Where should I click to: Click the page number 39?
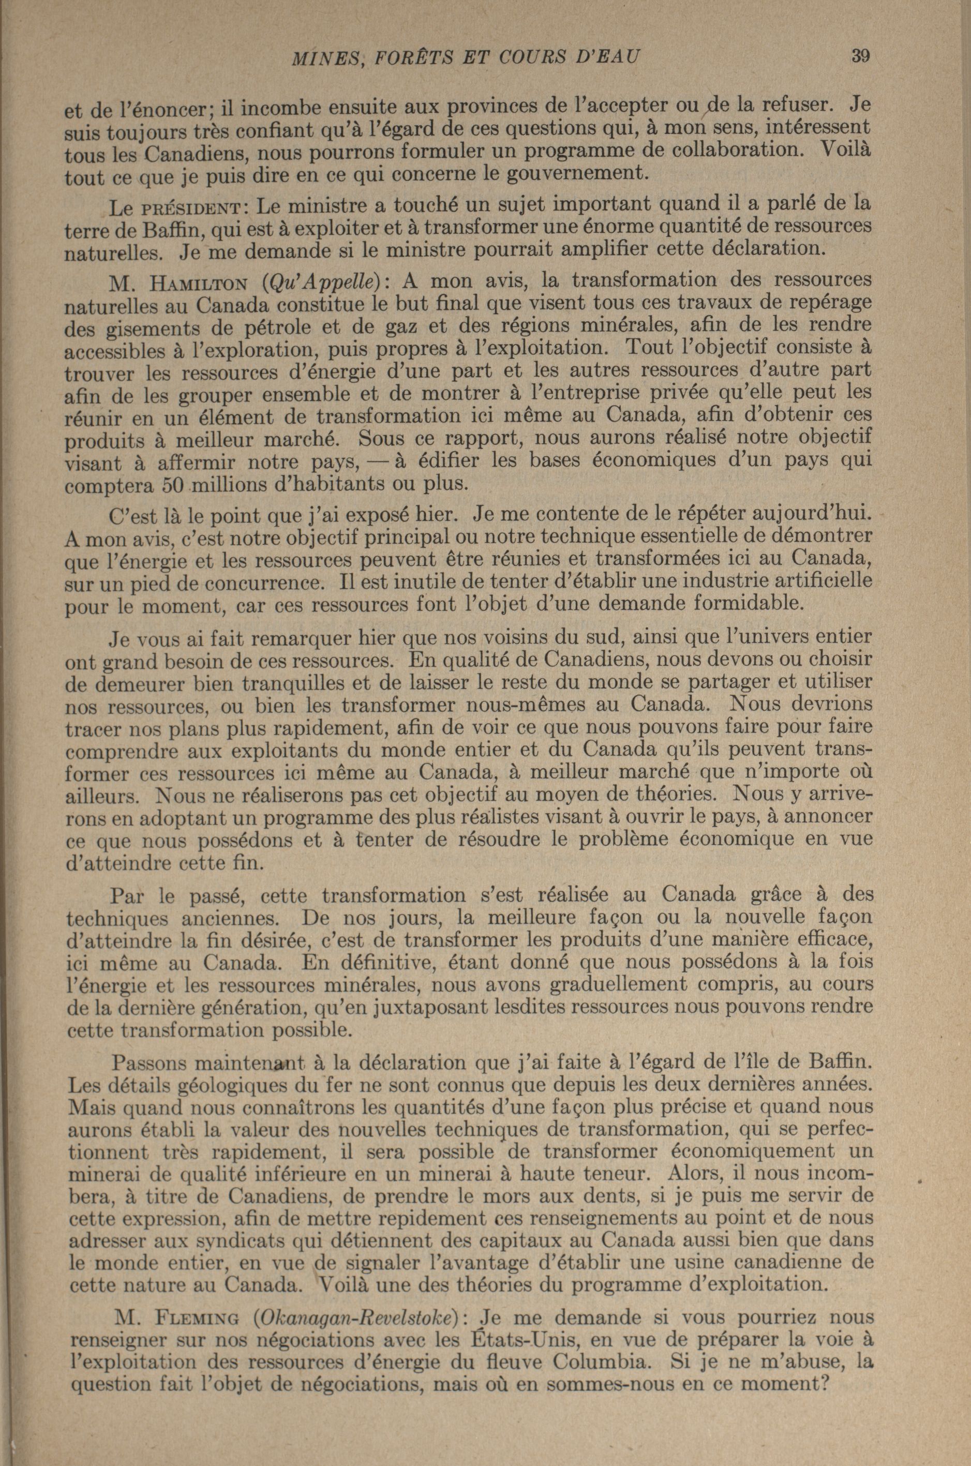[860, 56]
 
